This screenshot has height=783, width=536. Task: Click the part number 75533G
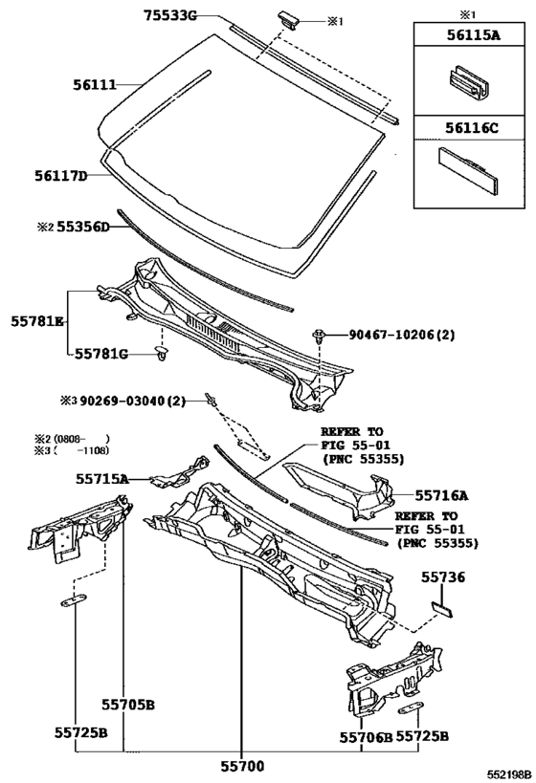pyautogui.click(x=169, y=15)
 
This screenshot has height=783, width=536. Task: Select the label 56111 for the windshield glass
pyautogui.click(x=94, y=85)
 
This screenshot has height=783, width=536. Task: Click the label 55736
pyautogui.click(x=443, y=577)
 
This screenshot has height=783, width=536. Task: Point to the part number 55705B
pyautogui.click(x=128, y=706)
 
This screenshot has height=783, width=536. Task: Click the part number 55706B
pyautogui.click(x=365, y=736)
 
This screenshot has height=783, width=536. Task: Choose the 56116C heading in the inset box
pyautogui.click(x=469, y=127)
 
